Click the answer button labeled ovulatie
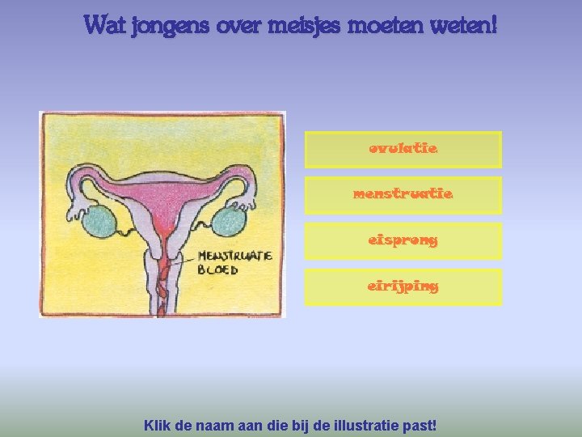[x=403, y=150]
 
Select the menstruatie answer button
[x=403, y=195]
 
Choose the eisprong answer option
[x=403, y=241]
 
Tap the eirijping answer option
[x=403, y=287]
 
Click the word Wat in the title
[x=103, y=26]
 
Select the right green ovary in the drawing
[x=229, y=221]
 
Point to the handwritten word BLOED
[x=218, y=269]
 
